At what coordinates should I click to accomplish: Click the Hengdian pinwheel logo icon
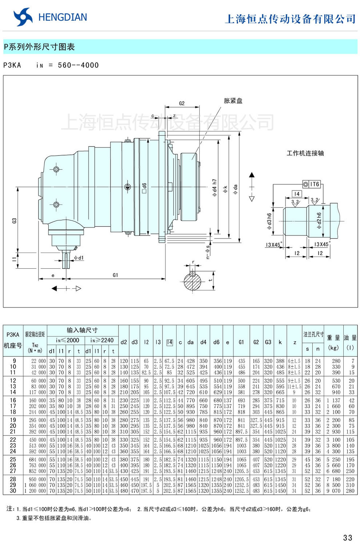[x=23, y=17]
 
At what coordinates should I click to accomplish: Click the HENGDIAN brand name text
[x=63, y=17]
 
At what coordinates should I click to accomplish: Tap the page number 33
[x=347, y=538]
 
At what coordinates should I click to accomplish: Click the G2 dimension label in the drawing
[x=182, y=103]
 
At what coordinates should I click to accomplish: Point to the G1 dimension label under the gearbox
[x=115, y=275]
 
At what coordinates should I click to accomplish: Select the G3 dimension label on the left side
[x=14, y=221]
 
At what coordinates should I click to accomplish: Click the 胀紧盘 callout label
[x=233, y=101]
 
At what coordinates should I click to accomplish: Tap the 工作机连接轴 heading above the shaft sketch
[x=305, y=153]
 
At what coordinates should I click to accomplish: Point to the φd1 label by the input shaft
[x=79, y=258]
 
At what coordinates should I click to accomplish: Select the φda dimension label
[x=235, y=189]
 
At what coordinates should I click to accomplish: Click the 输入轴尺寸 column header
[x=82, y=330]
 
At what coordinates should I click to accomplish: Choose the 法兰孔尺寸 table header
[x=313, y=334]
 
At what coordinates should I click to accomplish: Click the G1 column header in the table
[x=241, y=342]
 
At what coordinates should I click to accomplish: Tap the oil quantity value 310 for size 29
[x=350, y=485]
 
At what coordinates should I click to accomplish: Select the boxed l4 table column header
[x=169, y=342]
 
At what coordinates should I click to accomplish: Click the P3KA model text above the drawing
[x=12, y=65]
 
